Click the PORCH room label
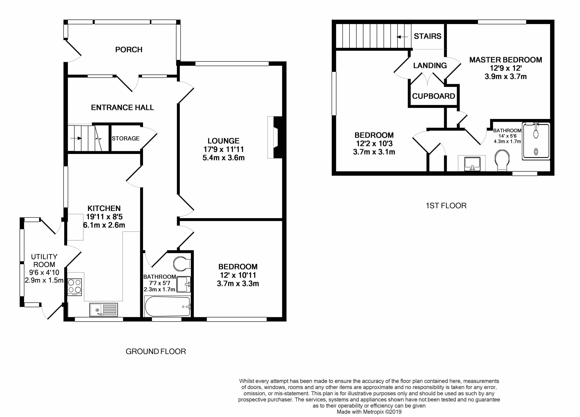(x=129, y=50)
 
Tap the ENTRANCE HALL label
(x=122, y=108)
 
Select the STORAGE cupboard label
(x=126, y=139)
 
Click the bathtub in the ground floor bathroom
(x=168, y=306)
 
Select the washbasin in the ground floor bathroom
(x=184, y=284)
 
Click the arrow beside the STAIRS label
(x=402, y=37)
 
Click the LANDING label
(x=430, y=66)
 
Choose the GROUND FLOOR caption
(x=156, y=352)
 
